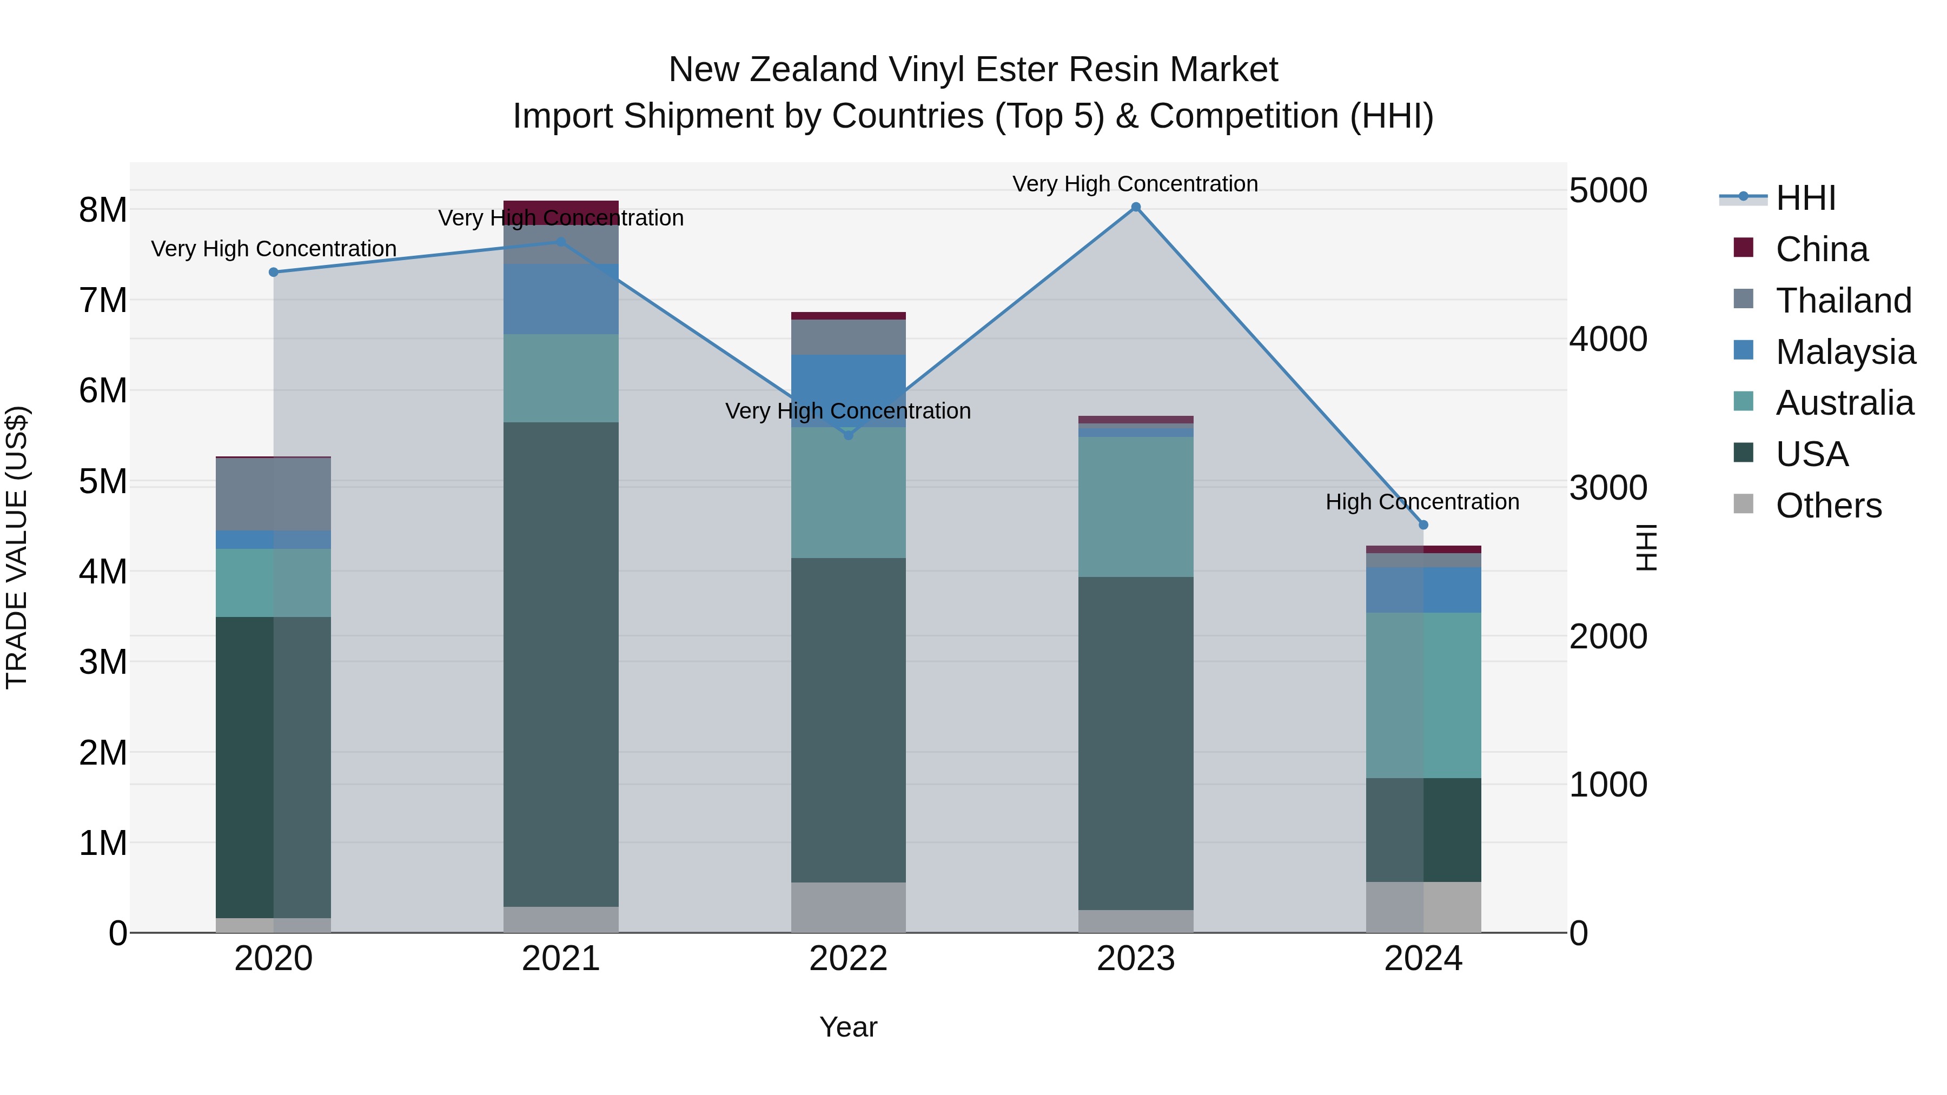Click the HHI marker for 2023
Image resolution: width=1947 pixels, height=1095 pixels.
click(x=1135, y=207)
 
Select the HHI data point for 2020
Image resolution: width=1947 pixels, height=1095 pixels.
click(x=274, y=272)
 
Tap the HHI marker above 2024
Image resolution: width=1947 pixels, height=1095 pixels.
click(x=1423, y=525)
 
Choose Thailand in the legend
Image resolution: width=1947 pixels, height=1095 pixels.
click(x=1843, y=301)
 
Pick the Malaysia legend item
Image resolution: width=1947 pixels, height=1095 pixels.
click(x=1845, y=352)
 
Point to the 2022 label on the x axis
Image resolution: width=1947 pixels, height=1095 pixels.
click(x=848, y=959)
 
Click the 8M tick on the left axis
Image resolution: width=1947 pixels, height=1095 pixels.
click(x=103, y=210)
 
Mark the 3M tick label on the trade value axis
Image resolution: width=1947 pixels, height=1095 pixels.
click(x=103, y=662)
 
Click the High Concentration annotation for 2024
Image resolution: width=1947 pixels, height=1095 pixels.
click(x=1422, y=502)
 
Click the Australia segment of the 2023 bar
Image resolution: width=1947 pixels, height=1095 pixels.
click(x=1135, y=506)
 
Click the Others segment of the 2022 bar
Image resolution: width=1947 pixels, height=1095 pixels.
click(x=848, y=907)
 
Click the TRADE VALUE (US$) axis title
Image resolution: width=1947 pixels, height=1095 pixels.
click(x=17, y=547)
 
